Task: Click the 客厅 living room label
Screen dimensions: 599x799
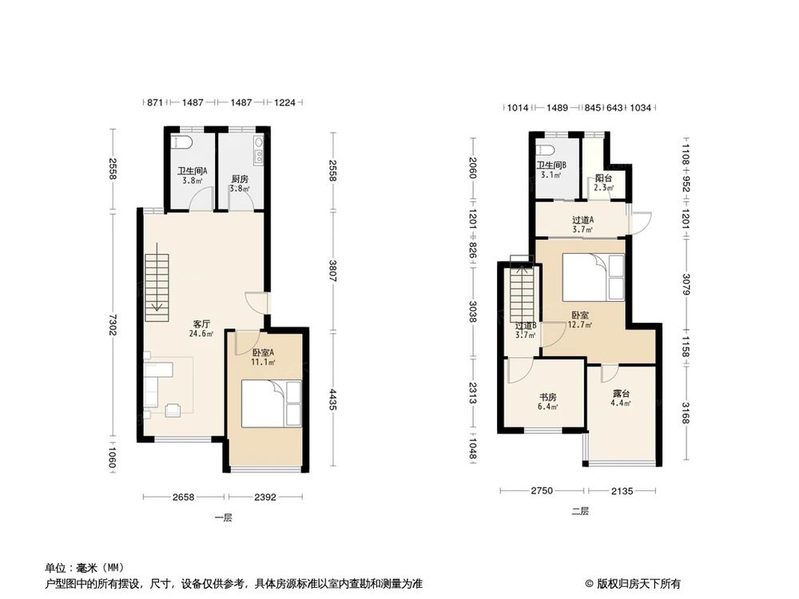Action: tap(201, 324)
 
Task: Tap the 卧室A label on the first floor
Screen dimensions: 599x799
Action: tap(264, 352)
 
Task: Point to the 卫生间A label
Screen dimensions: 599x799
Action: tap(193, 170)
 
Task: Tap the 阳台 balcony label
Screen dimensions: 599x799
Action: tap(604, 179)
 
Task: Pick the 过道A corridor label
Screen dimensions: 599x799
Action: tap(582, 220)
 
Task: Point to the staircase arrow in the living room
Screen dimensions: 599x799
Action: tap(158, 304)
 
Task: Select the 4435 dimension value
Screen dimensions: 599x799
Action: tap(332, 398)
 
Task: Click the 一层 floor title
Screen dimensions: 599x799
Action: tap(223, 518)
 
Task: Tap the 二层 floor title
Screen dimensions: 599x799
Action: tap(579, 510)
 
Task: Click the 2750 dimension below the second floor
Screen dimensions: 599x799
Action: tap(541, 491)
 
